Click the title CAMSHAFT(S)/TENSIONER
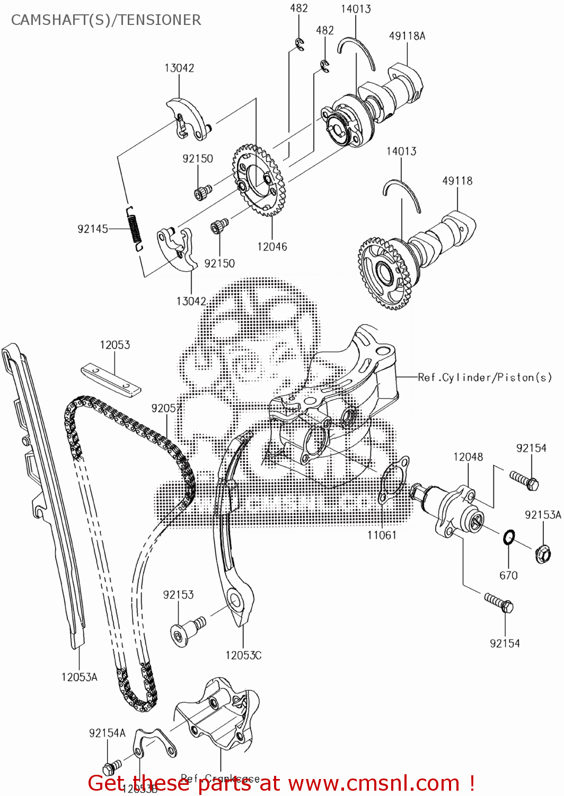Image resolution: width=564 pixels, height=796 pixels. click(x=106, y=20)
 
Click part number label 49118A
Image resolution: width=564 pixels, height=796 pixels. click(x=407, y=36)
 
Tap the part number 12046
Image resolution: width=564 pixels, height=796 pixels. click(x=272, y=247)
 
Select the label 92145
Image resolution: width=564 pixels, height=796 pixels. click(x=93, y=229)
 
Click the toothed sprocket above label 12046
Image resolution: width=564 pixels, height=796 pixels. click(x=259, y=180)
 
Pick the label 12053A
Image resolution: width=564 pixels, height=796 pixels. click(x=80, y=677)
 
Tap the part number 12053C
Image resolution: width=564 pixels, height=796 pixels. click(x=243, y=655)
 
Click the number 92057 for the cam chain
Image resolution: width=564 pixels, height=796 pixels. click(x=167, y=408)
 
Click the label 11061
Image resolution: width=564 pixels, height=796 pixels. click(x=382, y=535)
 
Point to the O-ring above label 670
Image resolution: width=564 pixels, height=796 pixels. click(x=508, y=538)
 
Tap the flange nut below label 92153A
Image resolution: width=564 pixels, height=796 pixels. click(x=543, y=554)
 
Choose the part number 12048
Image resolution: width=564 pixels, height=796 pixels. click(x=468, y=457)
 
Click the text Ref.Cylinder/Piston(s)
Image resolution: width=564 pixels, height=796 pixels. click(x=484, y=377)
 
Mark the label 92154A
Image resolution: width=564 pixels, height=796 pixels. click(x=108, y=733)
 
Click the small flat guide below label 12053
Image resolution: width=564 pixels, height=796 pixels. click(x=111, y=379)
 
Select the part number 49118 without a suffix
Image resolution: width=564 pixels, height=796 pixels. click(x=457, y=181)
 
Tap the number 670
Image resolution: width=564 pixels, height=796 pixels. click(x=508, y=575)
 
